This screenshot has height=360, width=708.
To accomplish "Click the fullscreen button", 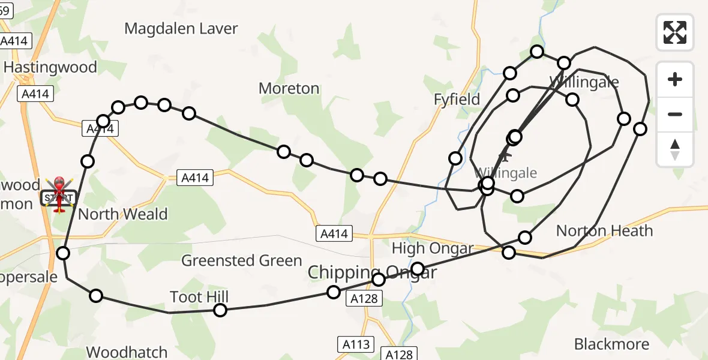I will (675, 32).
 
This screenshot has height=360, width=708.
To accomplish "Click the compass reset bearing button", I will (675, 149).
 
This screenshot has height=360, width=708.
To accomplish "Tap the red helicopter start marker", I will (59, 194).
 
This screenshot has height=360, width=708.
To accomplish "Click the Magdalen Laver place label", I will (181, 28).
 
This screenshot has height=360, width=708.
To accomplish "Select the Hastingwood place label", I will (50, 67).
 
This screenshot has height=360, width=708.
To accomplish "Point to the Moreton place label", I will (289, 88).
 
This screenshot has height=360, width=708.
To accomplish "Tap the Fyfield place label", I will (457, 99).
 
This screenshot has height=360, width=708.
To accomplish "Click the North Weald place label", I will (123, 214).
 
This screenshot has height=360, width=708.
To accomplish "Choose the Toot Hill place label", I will (199, 296).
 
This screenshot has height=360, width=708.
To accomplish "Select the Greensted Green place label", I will (242, 260).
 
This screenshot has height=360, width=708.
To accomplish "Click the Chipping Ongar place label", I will (372, 272).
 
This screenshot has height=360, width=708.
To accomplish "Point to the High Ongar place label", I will (433, 248).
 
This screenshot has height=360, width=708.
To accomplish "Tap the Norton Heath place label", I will (604, 230).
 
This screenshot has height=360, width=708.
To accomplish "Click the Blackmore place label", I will (611, 344).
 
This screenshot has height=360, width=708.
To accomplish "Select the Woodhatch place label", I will (127, 352).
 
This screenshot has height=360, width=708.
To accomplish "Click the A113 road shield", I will (355, 344).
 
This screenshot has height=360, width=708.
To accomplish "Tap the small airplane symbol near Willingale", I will (505, 157).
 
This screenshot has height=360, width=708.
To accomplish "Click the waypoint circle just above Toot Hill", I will (220, 310).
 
